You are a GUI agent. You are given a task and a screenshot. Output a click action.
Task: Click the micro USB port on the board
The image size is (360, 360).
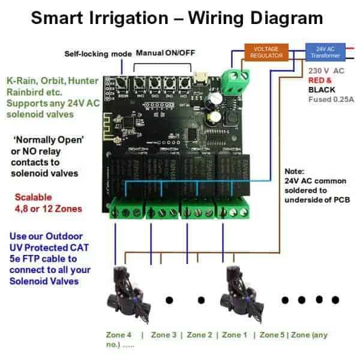coord(198,77)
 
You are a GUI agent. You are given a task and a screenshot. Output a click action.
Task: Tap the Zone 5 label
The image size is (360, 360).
coord(274,335)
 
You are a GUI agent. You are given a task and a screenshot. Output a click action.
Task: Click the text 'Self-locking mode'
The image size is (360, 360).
coord(97,53)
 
